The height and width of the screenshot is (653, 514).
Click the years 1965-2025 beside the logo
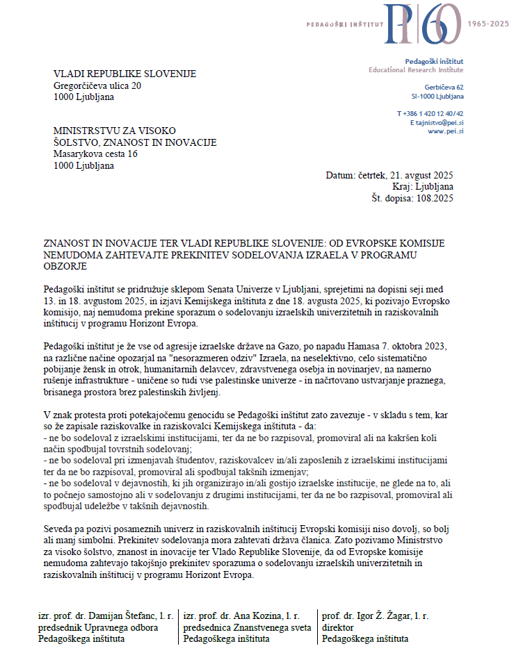coord(489,24)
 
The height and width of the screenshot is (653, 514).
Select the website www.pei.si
coord(446,131)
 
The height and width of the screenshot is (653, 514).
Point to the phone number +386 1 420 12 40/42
coord(431,113)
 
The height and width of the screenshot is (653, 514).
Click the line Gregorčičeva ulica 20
coord(97,85)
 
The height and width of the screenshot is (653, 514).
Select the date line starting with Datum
coord(389,176)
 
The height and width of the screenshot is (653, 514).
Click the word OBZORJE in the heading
coord(64,266)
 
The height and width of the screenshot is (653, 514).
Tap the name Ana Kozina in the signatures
coord(250,616)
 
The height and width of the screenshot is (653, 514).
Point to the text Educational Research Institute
coord(416,70)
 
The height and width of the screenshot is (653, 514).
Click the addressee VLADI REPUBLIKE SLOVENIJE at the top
coord(125,74)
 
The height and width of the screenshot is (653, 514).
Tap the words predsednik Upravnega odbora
coord(98,627)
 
